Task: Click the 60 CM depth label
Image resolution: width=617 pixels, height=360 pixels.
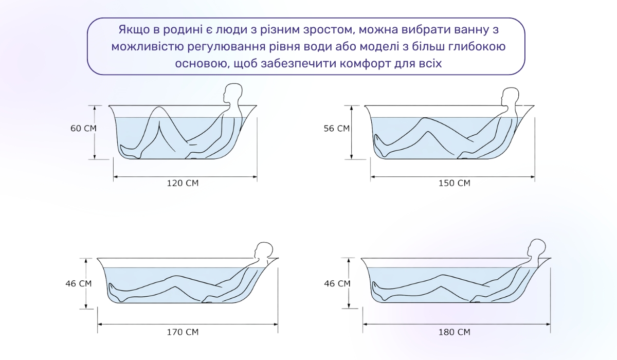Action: coord(83,128)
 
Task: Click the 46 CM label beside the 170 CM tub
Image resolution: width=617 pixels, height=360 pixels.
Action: coord(78,283)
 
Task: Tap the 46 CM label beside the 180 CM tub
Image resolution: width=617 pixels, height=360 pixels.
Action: coord(337,283)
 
